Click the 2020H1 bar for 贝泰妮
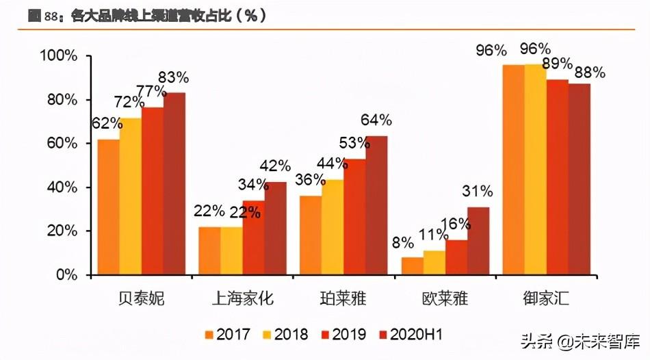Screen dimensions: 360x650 [x=174, y=183]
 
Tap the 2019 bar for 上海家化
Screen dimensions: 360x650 [x=253, y=237]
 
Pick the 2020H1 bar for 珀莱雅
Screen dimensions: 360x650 [x=376, y=205]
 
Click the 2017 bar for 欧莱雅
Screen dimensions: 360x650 [x=413, y=266]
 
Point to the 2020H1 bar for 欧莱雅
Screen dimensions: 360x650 [x=478, y=241]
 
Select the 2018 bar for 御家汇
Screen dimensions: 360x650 [x=535, y=170]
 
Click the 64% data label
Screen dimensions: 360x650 [x=376, y=120]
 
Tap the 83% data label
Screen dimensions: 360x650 [x=174, y=77]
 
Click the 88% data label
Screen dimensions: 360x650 [x=589, y=73]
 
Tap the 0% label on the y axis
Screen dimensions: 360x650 [x=66, y=275]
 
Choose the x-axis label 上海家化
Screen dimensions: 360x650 [x=243, y=298]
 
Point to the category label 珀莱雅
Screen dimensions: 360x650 [x=344, y=298]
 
